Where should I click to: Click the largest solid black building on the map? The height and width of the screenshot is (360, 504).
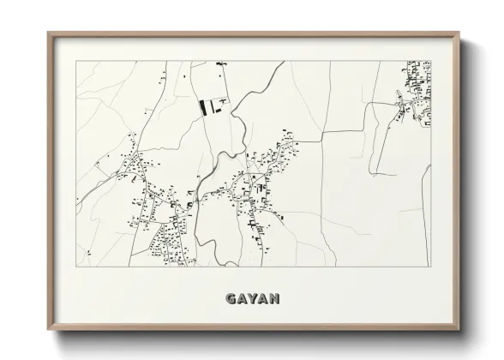click(204, 107)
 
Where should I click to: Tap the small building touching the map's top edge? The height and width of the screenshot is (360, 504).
click(219, 63)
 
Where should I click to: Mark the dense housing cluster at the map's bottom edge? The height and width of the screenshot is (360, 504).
click(167, 249)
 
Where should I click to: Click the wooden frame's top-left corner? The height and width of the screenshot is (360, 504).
click(49, 33)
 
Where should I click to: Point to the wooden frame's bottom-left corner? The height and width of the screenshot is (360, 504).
click(49, 331)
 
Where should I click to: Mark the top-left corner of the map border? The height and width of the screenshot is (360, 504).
click(75, 61)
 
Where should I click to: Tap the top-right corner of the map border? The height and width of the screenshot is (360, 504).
click(430, 61)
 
